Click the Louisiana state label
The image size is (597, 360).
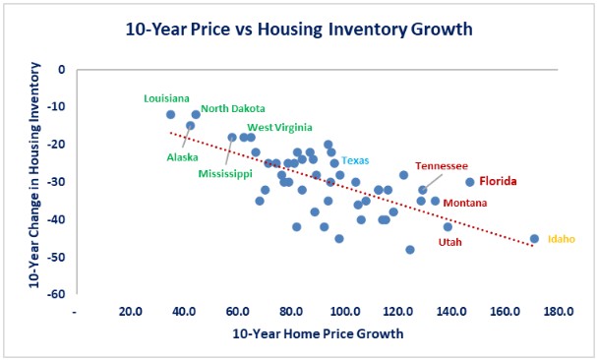coord(167,98)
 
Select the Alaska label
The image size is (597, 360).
coord(182,156)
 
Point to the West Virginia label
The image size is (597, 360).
coord(279,127)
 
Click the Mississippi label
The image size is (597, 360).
coord(225,173)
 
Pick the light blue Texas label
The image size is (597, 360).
coord(355,160)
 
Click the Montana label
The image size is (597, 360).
coord(462,203)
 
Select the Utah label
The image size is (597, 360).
coord(449,241)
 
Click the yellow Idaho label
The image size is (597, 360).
coord(561,239)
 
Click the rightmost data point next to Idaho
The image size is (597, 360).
coord(534,238)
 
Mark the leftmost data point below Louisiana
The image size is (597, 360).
coord(171,114)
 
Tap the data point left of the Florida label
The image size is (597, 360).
coord(470,182)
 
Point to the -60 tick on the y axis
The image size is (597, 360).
coord(57,294)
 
